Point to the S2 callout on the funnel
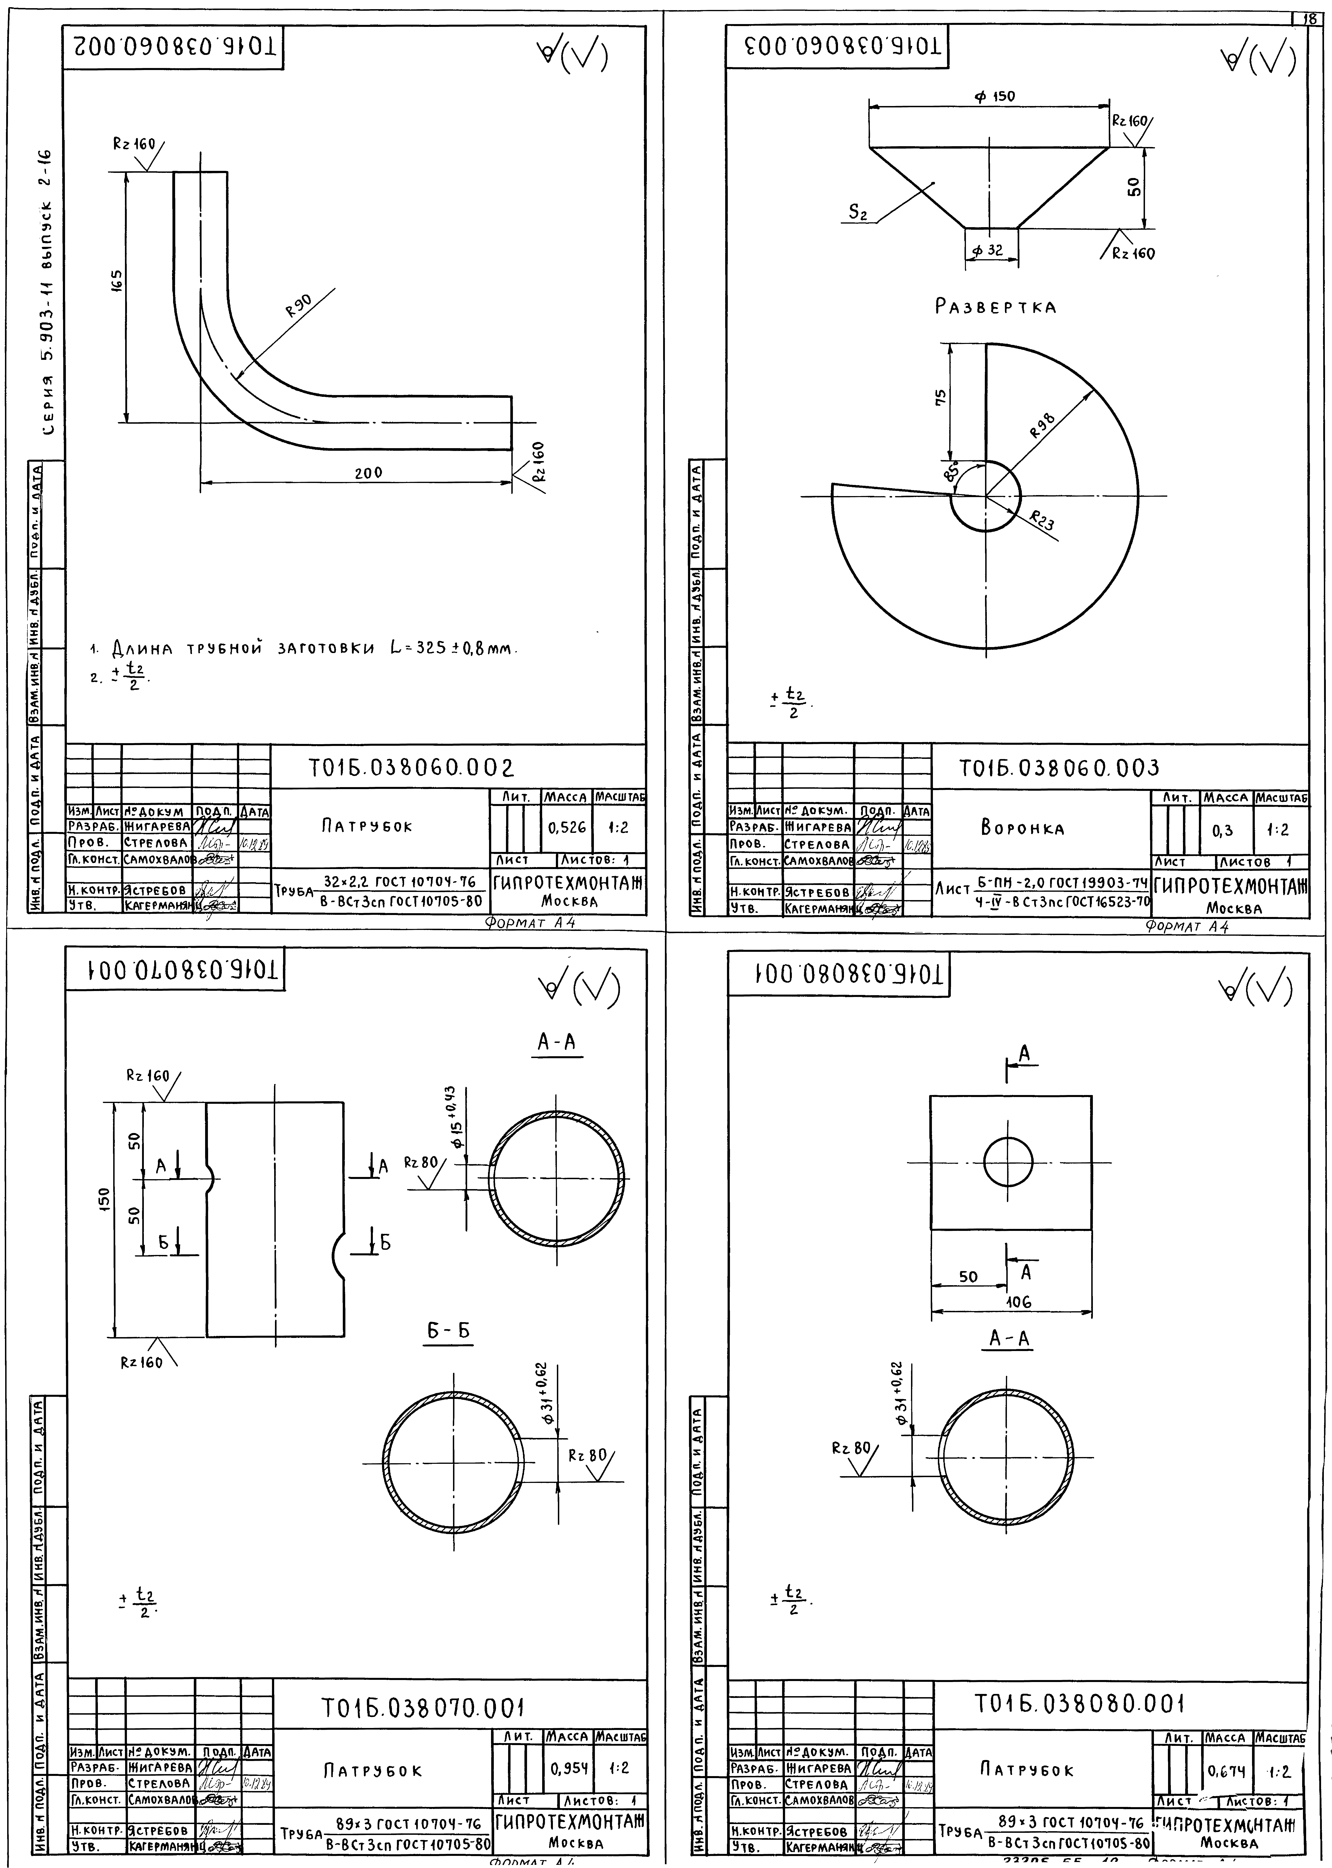pos(858,212)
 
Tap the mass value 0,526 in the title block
pos(568,827)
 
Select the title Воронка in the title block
pos(1022,828)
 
